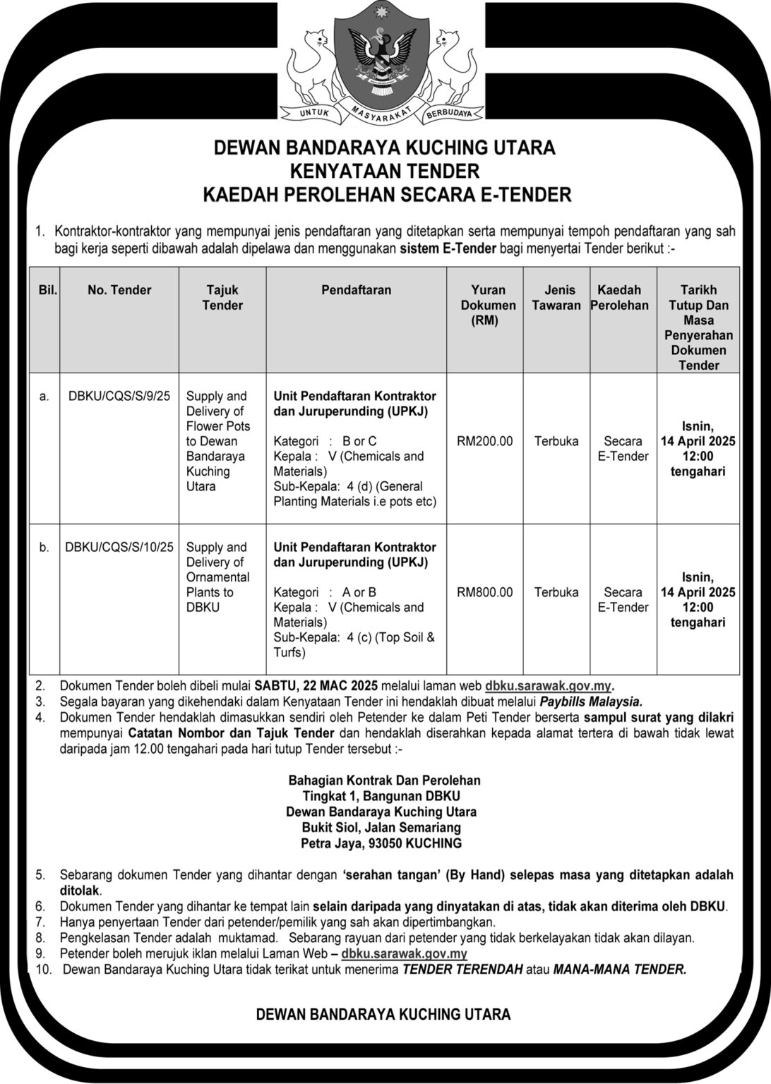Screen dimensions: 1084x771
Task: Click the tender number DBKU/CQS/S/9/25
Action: [119, 396]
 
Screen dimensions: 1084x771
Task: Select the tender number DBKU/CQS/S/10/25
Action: [119, 547]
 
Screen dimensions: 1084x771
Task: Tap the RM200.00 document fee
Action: [485, 441]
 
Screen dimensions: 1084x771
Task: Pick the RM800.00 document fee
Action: [485, 592]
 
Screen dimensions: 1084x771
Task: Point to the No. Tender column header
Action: [119, 290]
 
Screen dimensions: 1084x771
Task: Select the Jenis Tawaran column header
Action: [556, 298]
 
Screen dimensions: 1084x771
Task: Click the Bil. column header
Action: [47, 290]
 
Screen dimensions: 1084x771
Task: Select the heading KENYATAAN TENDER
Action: [385, 171]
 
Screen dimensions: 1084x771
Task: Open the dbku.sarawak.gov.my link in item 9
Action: [404, 954]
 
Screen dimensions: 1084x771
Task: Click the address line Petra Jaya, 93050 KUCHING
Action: [381, 843]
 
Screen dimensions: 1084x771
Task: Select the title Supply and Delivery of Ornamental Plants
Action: [217, 577]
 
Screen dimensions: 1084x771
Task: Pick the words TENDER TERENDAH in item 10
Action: [462, 970]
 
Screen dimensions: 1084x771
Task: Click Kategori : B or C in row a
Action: [325, 441]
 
